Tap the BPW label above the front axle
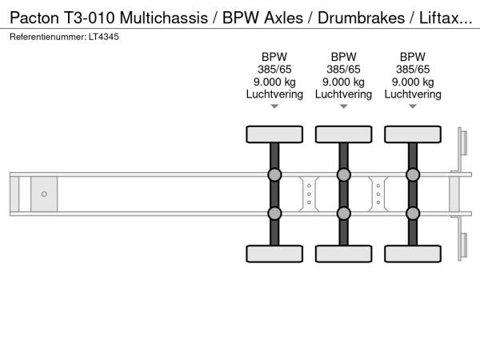tap(274, 57)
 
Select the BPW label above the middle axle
tap(343, 57)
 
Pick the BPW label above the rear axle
tap(412, 57)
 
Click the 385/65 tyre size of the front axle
tap(274, 70)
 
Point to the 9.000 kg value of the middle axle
tap(343, 82)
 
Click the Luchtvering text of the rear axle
tap(412, 94)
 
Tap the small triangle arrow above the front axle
tap(274, 106)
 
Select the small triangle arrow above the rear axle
tap(412, 106)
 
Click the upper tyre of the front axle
tap(274, 134)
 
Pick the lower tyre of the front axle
tap(274, 254)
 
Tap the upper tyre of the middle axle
tap(343, 134)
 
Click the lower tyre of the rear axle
tap(412, 254)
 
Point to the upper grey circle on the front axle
tap(274, 175)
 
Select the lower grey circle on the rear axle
tap(412, 213)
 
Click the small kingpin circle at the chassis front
tap(44, 194)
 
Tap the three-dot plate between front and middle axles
tap(309, 194)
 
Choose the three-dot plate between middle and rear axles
tap(378, 194)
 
